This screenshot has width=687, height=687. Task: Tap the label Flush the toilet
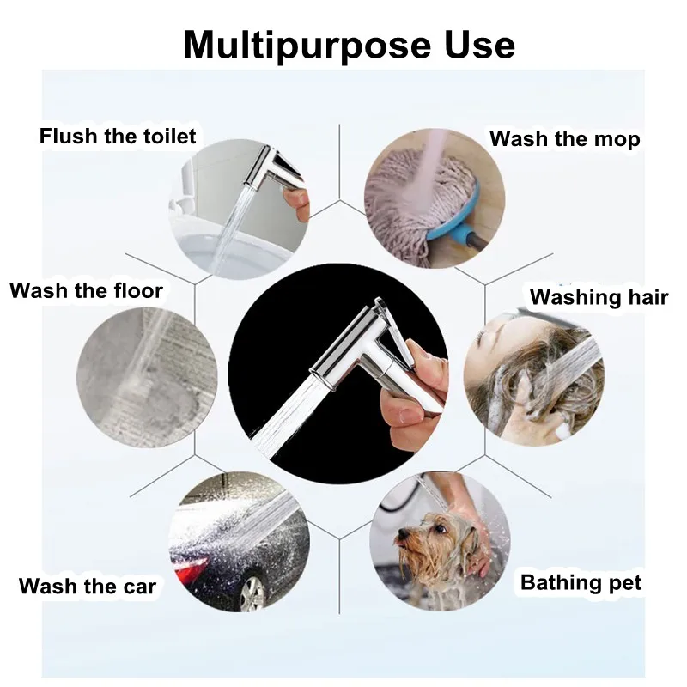(x=118, y=136)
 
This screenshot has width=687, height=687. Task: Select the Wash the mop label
(x=564, y=139)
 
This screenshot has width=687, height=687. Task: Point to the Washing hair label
(x=599, y=298)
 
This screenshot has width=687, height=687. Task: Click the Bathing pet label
(x=581, y=583)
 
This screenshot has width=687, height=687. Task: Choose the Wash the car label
(x=88, y=587)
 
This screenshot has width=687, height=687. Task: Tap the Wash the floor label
(x=86, y=290)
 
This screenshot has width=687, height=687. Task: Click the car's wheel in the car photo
(x=252, y=593)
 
